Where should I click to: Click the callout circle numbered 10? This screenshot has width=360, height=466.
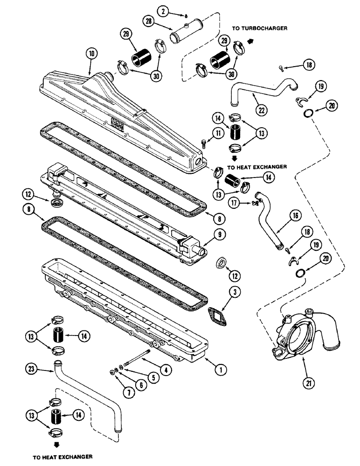pyautogui.click(x=92, y=54)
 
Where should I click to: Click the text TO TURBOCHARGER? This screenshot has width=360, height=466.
pyautogui.click(x=260, y=28)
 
